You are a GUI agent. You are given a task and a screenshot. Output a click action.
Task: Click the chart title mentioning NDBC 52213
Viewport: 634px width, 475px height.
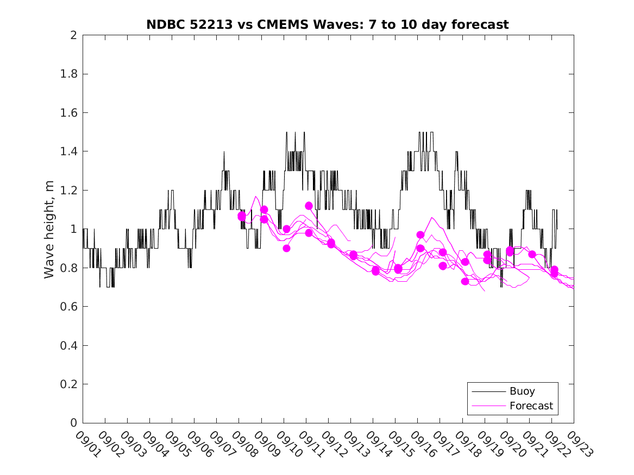328,24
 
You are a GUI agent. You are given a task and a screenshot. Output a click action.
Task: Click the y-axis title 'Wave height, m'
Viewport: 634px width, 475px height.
49,229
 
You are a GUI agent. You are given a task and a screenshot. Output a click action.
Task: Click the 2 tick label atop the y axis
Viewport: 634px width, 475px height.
73,35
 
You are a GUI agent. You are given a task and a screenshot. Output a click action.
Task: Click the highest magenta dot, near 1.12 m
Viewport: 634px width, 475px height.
309,206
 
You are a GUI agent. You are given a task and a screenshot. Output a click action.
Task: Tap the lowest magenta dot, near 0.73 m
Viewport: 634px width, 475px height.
465,281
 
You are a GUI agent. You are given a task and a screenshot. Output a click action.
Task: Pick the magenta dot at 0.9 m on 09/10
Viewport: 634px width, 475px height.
286,248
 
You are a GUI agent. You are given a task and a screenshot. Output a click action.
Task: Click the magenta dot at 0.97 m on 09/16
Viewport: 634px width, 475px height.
420,235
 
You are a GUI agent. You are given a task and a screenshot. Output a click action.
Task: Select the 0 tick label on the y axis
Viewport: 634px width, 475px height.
73,423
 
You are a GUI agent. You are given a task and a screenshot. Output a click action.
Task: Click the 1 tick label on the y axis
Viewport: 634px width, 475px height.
73,229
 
